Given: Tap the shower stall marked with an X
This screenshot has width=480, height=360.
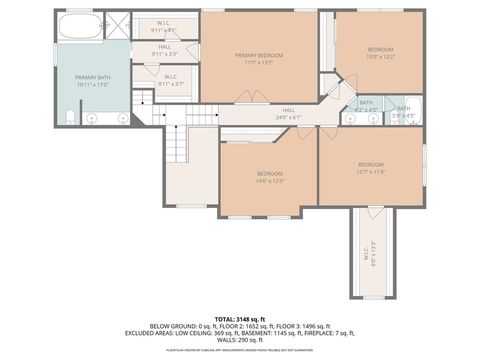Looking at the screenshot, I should (x=117, y=25).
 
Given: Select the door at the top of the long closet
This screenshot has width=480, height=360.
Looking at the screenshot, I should (x=371, y=211).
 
